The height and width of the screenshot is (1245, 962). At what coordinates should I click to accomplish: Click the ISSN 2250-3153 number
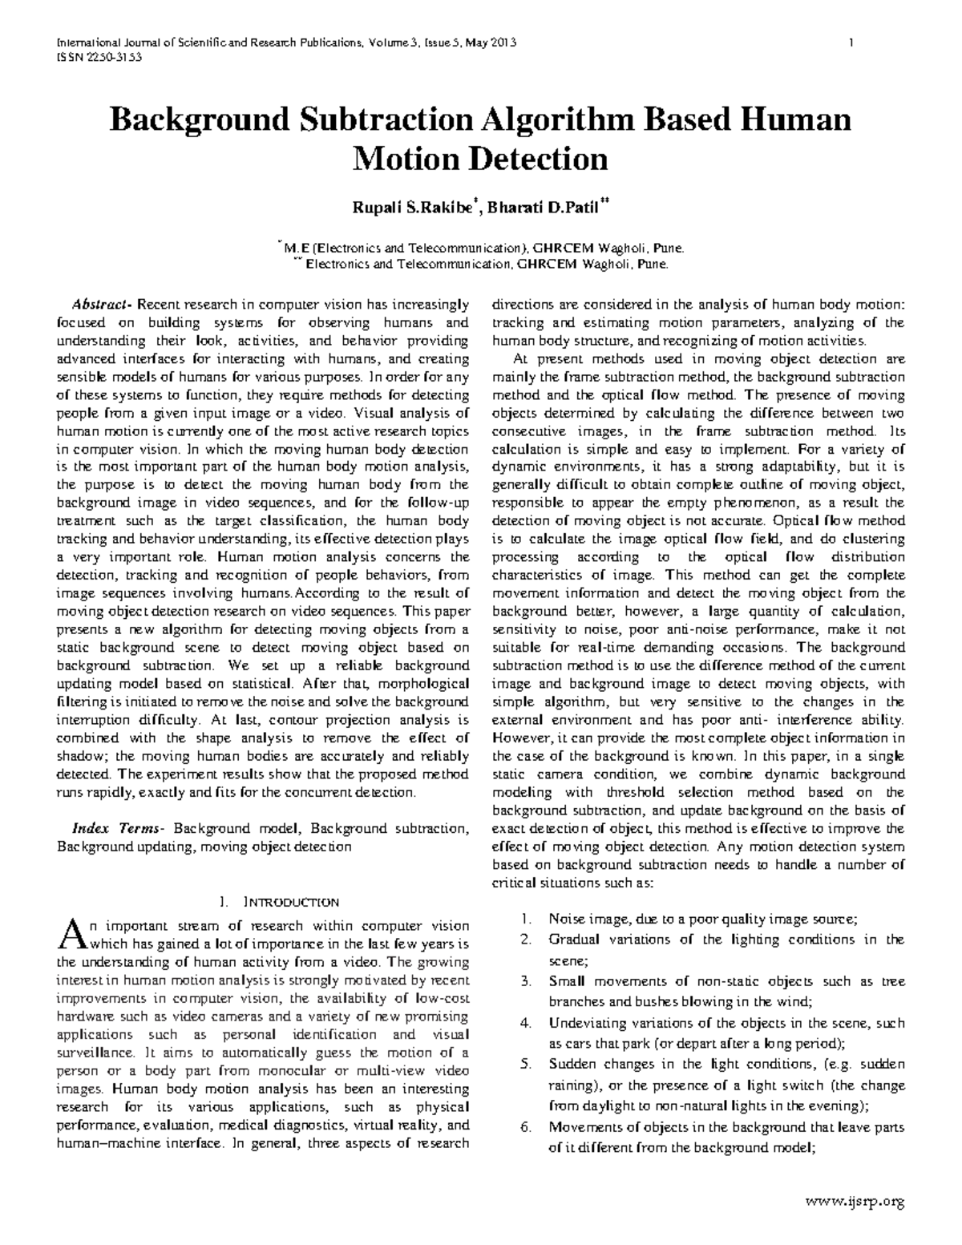click(98, 57)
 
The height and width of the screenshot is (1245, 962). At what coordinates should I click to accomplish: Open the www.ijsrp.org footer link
click(857, 1200)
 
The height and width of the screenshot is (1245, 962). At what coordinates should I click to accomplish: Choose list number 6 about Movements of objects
click(526, 1127)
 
